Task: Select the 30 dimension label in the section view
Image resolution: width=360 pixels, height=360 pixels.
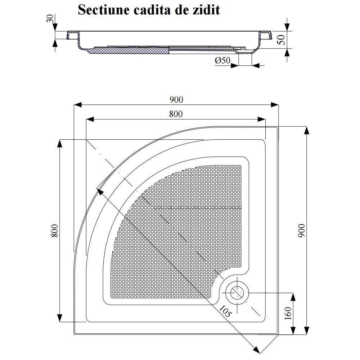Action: pos(50,18)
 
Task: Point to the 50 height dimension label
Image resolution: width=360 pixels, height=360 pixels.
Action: pos(282,40)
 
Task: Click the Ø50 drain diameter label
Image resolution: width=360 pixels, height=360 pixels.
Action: pos(222,60)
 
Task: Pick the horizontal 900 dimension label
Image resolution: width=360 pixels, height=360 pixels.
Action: pos(176,100)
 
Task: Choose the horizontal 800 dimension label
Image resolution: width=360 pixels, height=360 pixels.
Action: pos(176,114)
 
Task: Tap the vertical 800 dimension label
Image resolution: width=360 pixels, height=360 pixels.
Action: pos(55,231)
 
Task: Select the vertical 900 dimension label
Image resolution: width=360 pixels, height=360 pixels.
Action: pos(301,230)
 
